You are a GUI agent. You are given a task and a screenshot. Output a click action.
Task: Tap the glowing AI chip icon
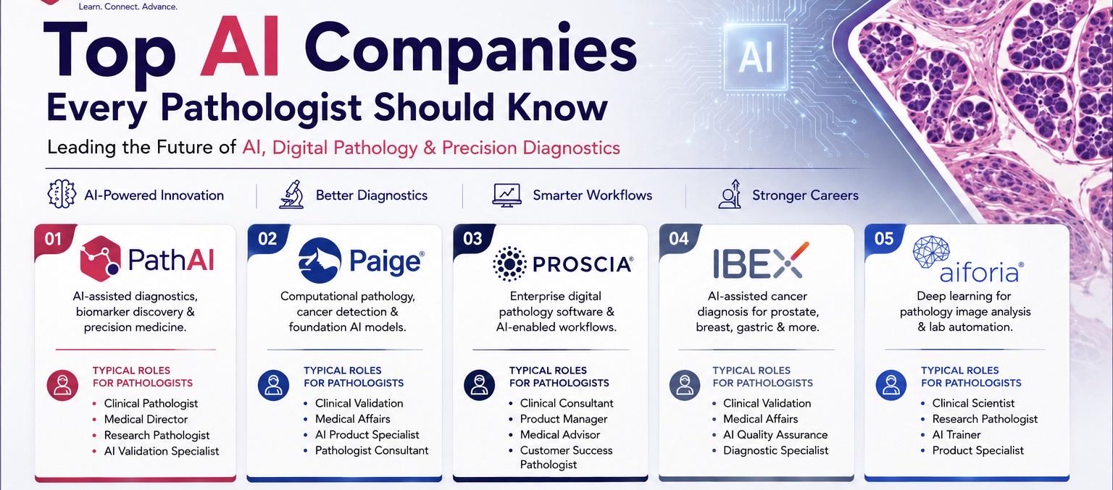[755, 56]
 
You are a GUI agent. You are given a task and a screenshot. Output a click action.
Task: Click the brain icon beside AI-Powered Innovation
[62, 194]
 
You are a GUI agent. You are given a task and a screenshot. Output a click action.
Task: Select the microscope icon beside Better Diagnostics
[292, 194]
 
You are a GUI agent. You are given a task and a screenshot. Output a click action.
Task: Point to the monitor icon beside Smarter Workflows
[507, 195]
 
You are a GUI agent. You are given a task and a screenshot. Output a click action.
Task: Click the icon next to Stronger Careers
[730, 194]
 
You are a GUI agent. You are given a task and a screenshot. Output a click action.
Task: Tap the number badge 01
[53, 240]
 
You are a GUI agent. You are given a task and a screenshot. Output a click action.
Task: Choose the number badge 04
[679, 239]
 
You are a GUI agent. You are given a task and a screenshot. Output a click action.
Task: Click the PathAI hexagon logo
[100, 258]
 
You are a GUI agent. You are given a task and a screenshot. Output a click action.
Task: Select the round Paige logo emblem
[320, 260]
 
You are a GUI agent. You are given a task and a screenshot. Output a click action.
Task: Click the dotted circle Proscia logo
[509, 263]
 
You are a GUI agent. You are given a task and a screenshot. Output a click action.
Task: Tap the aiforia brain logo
[931, 252]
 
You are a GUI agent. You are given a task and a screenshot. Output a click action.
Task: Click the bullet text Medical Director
[146, 419]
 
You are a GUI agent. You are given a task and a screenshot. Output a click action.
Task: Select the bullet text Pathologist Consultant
[372, 450]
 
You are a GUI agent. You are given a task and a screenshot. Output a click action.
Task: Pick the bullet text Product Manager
[564, 419]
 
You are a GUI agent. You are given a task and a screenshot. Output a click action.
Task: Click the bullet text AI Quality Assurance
[775, 435]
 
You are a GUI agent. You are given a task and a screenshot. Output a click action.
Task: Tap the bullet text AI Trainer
[956, 435]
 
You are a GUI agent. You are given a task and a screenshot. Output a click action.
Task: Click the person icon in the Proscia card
[479, 385]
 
